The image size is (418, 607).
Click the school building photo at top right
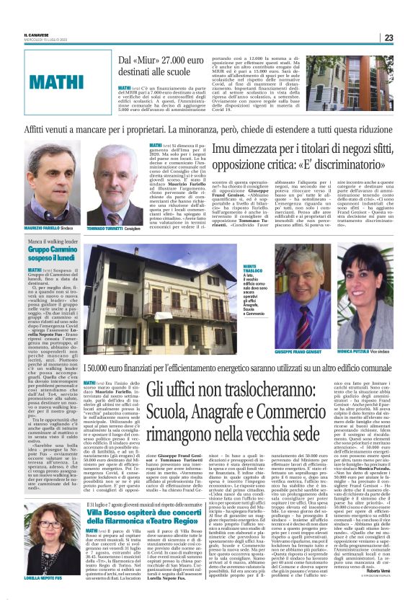click(x=353, y=83)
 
